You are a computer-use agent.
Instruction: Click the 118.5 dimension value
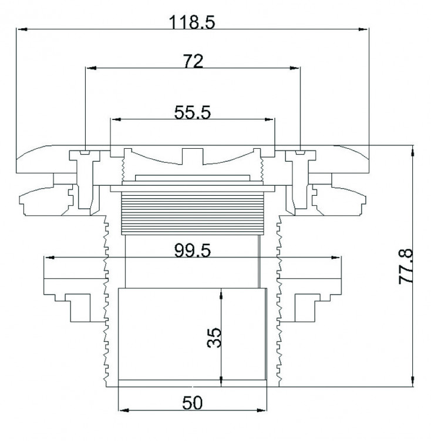click(x=193, y=22)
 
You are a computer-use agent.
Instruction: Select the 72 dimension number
click(x=193, y=61)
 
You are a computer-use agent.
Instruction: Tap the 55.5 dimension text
click(x=193, y=112)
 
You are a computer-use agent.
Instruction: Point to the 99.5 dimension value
click(x=193, y=250)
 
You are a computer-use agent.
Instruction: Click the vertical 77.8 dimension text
click(x=406, y=266)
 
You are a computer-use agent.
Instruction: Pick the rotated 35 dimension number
click(x=214, y=338)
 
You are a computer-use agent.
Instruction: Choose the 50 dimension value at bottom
click(x=193, y=403)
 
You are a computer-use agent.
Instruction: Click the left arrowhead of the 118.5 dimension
click(x=22, y=29)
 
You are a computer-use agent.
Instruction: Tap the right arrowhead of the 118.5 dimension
click(x=363, y=29)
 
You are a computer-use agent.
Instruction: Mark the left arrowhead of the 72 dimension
click(x=91, y=68)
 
